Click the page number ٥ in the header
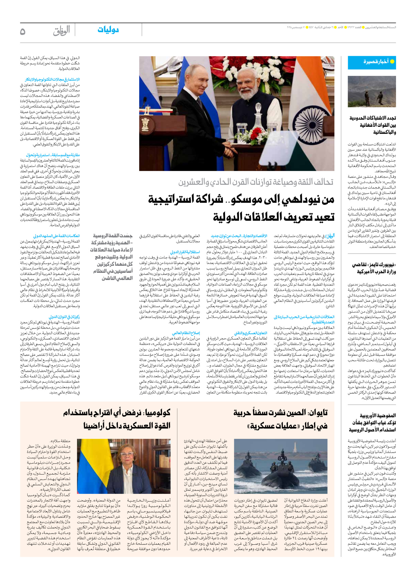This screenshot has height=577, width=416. (23, 31)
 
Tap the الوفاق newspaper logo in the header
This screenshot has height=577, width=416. (62, 31)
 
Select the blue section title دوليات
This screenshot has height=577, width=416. (108, 30)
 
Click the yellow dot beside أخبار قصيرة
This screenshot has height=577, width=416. (392, 62)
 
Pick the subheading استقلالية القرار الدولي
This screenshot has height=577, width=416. (185, 252)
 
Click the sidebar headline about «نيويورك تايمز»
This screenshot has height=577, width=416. (374, 268)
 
